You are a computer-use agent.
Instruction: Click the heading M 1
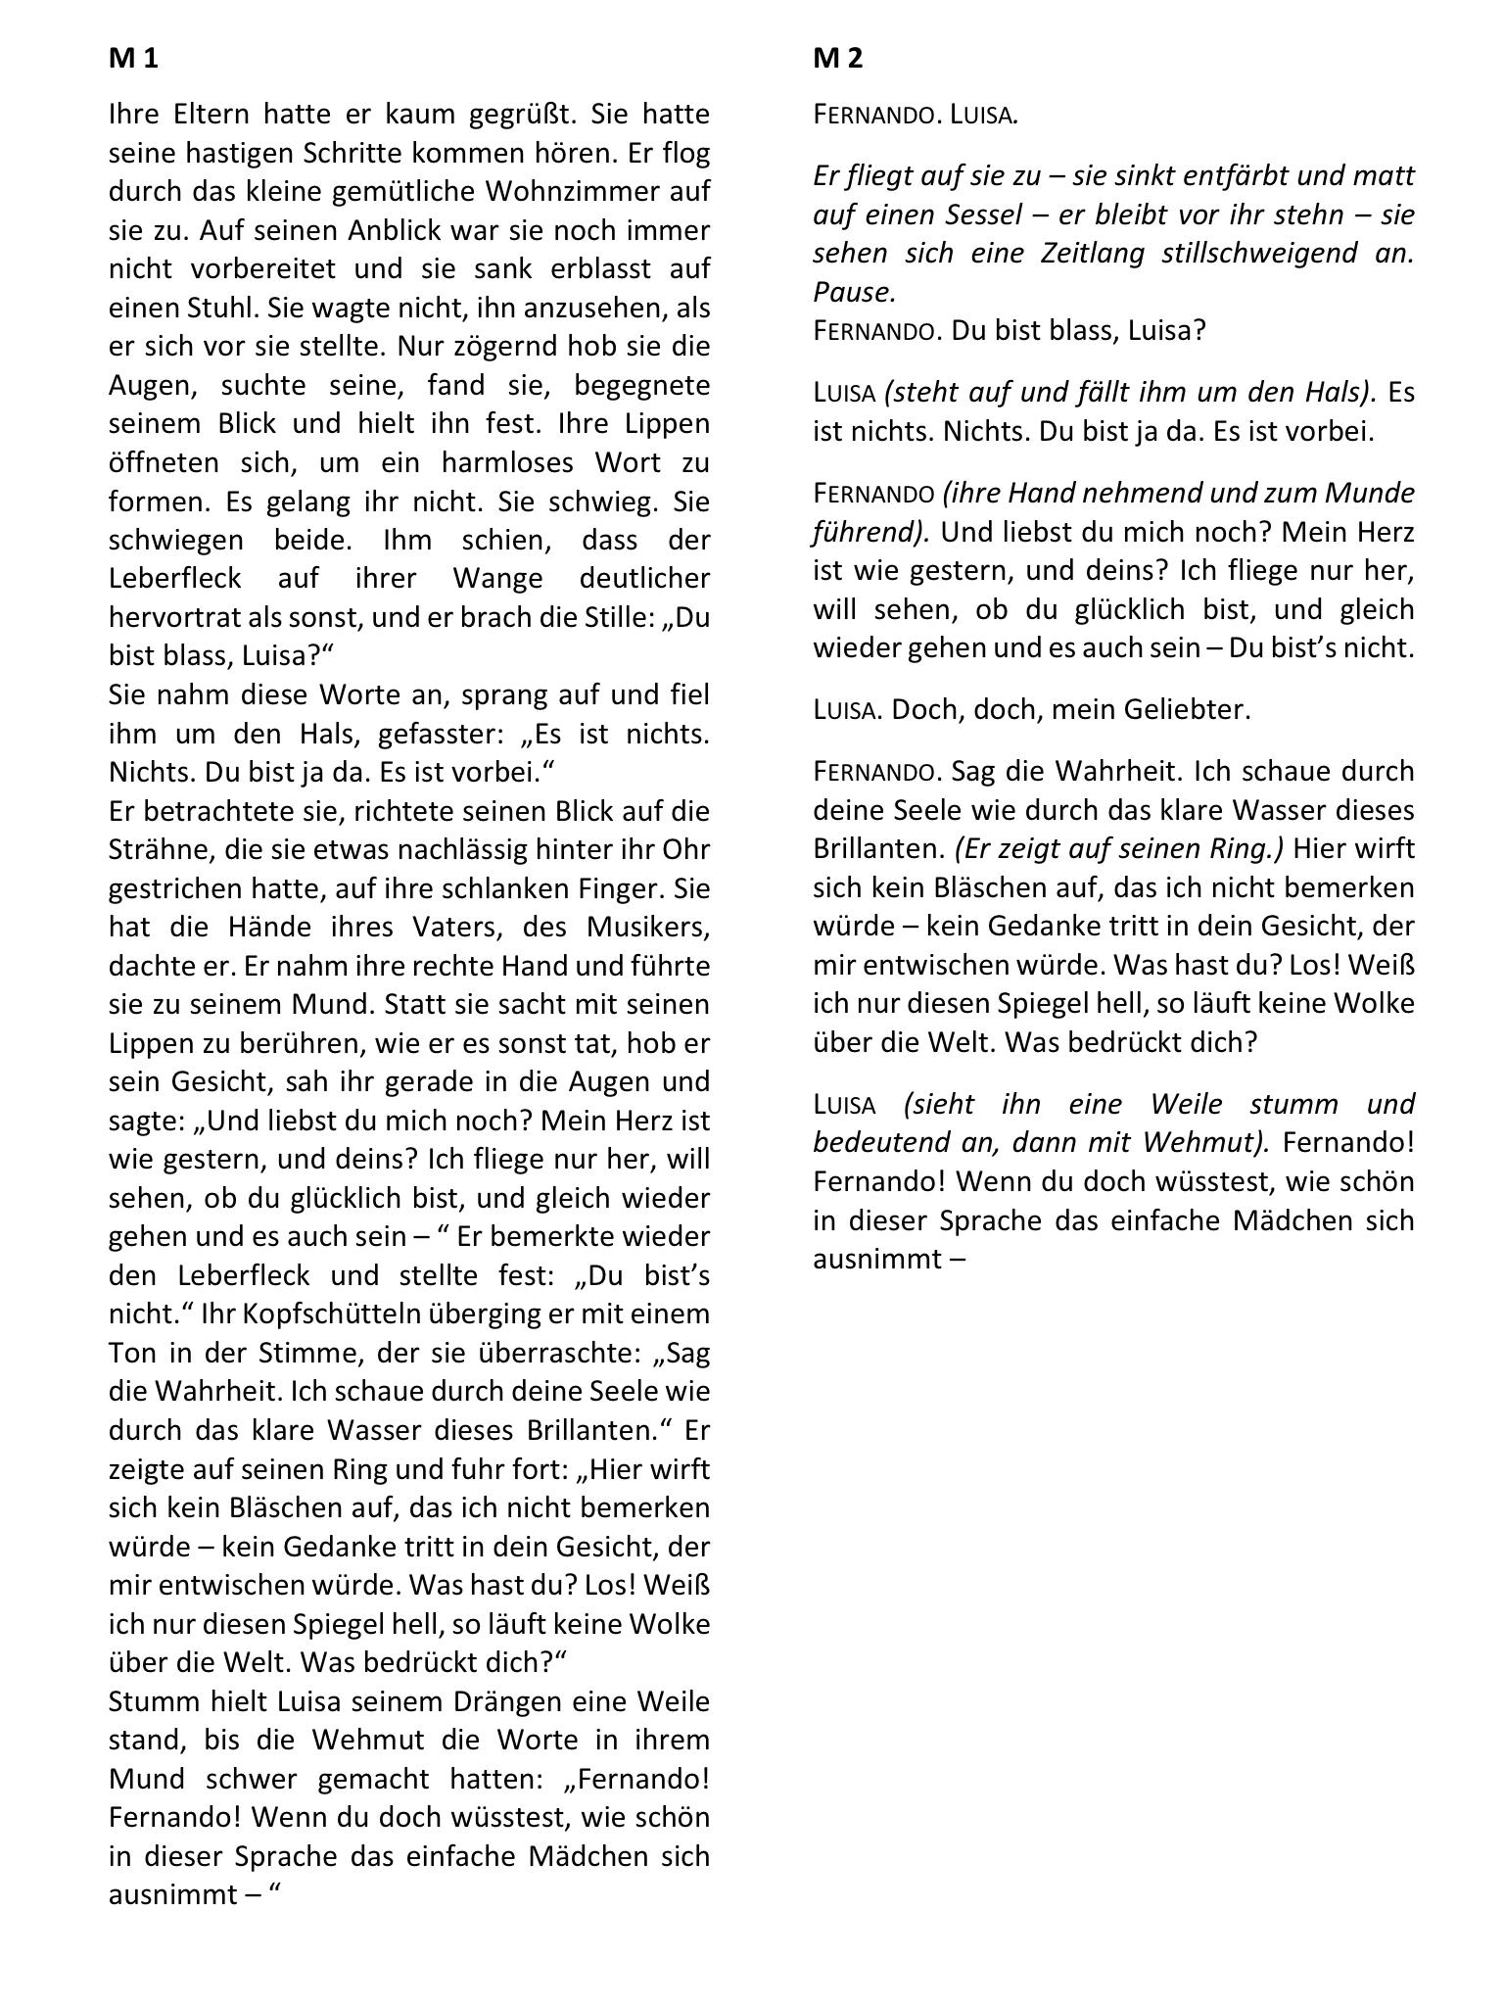tap(133, 59)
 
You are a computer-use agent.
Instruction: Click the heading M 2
tap(838, 59)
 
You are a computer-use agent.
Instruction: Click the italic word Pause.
tap(854, 292)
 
